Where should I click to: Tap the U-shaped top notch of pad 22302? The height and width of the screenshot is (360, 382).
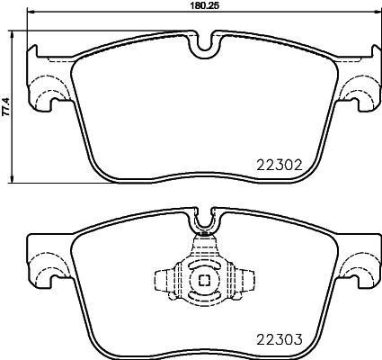pyautogui.click(x=205, y=42)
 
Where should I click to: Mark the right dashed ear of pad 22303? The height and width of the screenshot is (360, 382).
pyautogui.click(x=360, y=265)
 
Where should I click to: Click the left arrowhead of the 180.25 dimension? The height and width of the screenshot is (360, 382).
pyautogui.click(x=31, y=13)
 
